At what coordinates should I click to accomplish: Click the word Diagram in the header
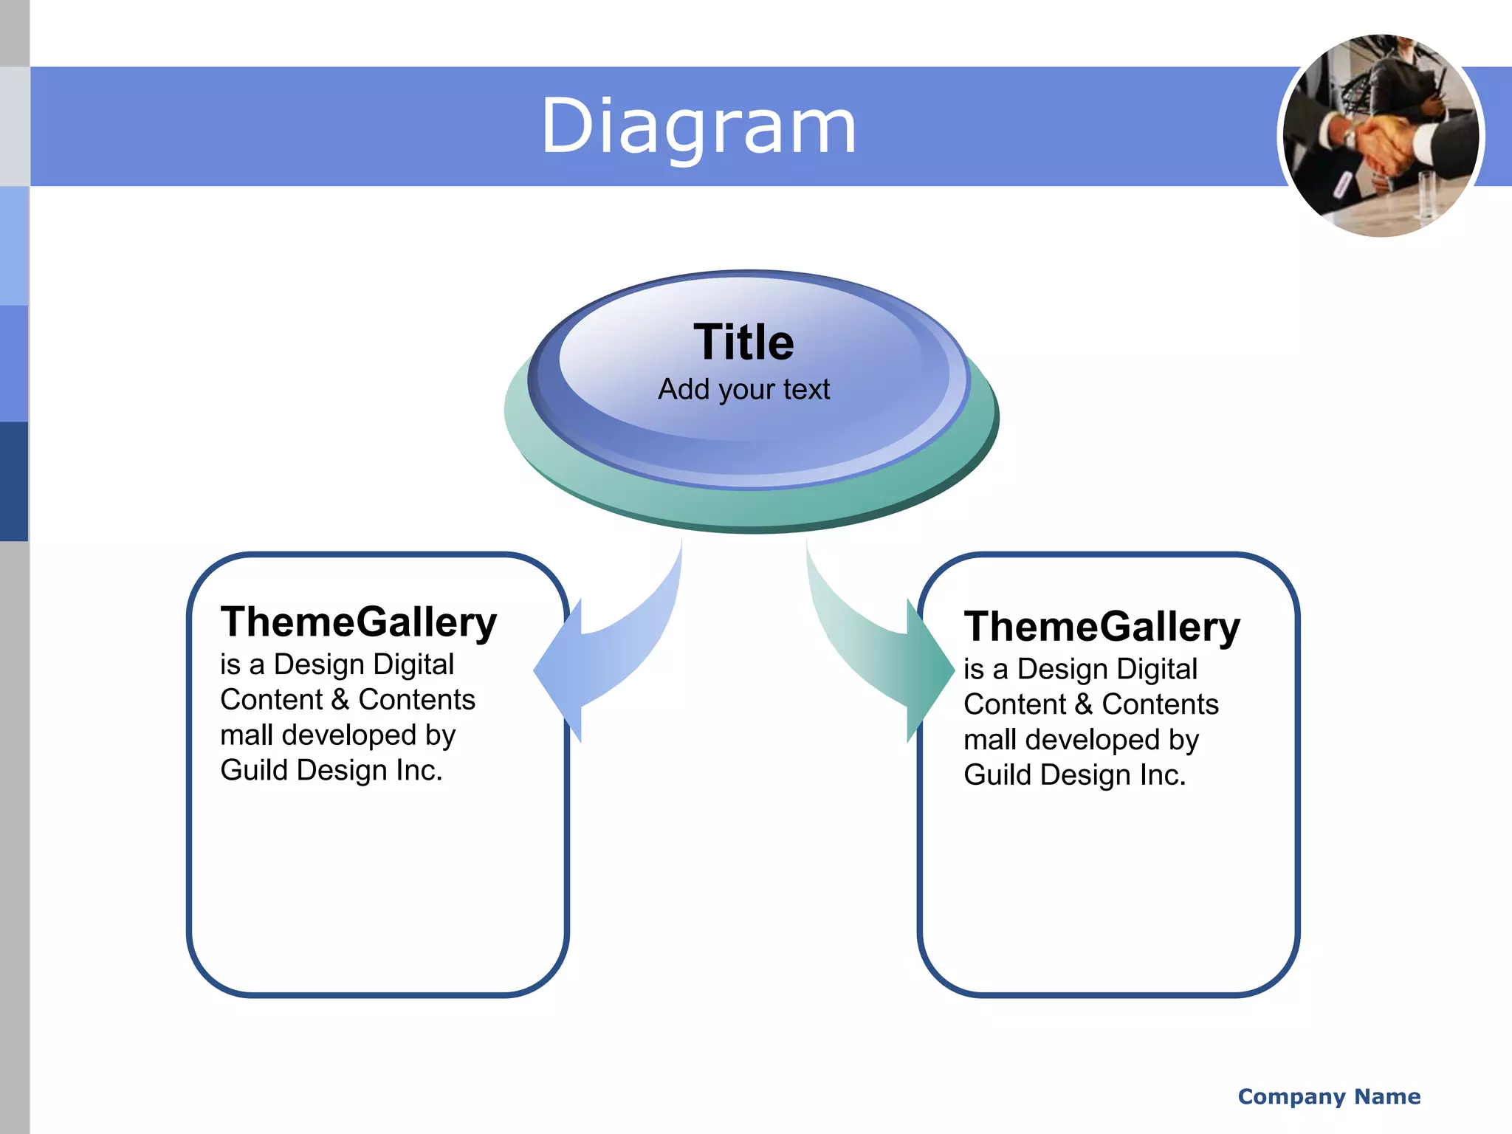tap(698, 127)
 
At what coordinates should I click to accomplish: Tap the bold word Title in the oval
tap(743, 343)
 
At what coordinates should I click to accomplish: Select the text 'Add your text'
tap(743, 389)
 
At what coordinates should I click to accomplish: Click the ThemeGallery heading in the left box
tap(359, 622)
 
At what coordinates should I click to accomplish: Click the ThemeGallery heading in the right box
tap(1102, 627)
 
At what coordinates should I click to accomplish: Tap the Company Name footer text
tap(1329, 1096)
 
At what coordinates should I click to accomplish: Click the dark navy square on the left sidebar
tap(14, 481)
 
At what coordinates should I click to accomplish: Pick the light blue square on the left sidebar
tap(14, 246)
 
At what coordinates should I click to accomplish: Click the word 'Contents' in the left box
tap(417, 699)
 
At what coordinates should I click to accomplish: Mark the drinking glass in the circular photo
tap(1426, 196)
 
